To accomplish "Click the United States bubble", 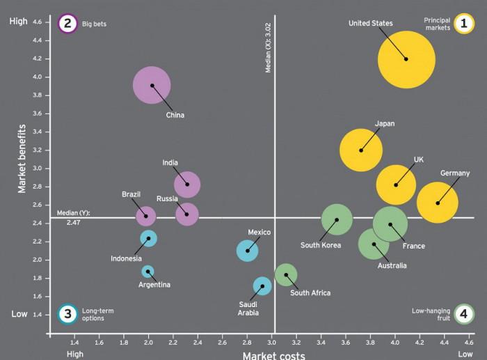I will (406, 59).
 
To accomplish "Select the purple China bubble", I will (152, 86).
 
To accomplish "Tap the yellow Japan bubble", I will (361, 150).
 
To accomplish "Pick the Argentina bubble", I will (147, 272).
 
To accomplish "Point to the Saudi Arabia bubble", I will (262, 285).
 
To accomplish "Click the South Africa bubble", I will (286, 274).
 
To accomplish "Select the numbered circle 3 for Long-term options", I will (67, 314).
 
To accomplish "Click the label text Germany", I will (455, 173).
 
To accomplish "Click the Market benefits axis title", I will (22, 159).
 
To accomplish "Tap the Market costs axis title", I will (273, 355).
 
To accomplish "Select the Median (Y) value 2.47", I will (74, 221).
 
